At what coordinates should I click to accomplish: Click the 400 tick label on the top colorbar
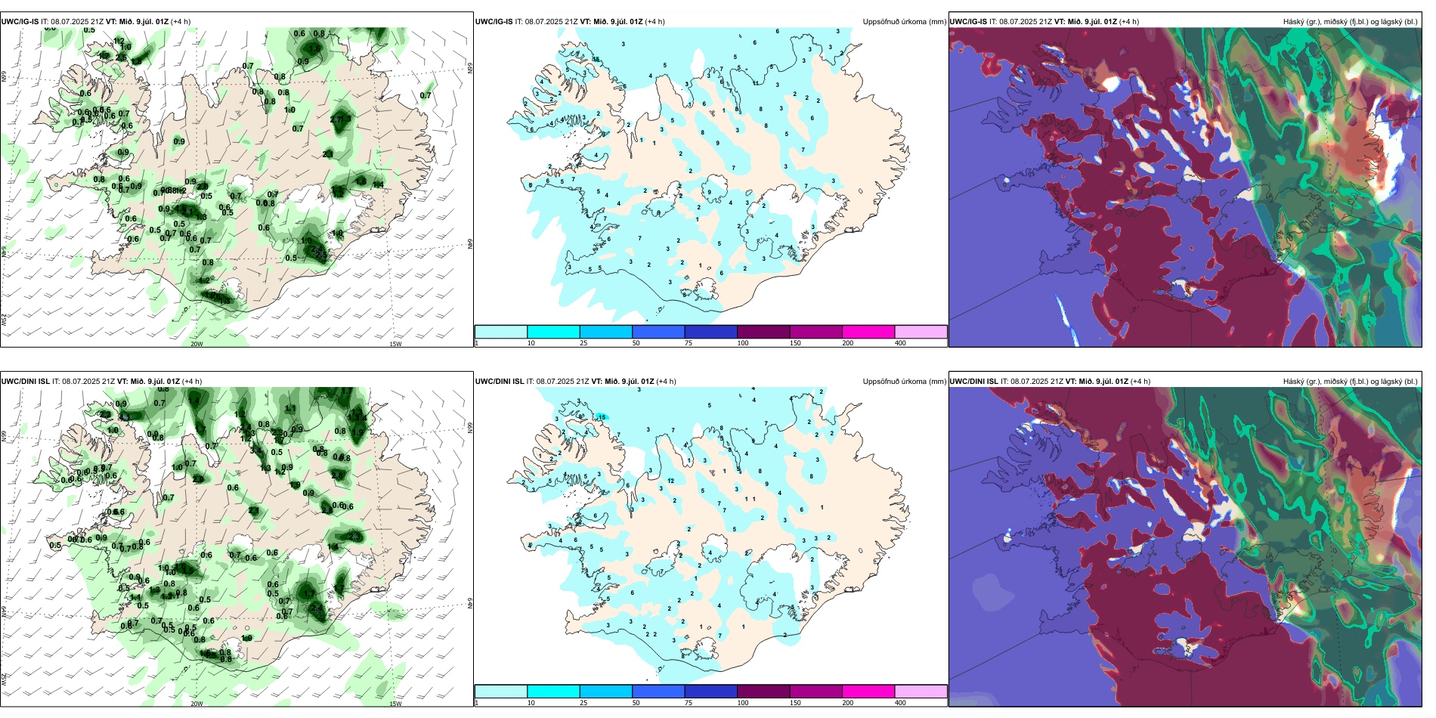tap(900, 343)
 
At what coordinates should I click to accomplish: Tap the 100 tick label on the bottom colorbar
tap(743, 703)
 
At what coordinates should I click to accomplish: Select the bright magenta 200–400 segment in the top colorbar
tap(868, 332)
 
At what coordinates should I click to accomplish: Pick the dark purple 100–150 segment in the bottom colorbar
tap(763, 692)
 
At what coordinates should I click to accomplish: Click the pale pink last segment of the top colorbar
tap(921, 332)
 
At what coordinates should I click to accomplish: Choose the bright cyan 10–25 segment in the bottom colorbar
tap(553, 692)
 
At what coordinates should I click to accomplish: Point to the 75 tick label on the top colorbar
tap(689, 343)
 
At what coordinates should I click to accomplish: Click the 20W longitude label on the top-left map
tap(197, 344)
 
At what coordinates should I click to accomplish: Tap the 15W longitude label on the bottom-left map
tap(395, 704)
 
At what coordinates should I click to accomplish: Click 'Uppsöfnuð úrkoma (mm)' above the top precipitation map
tap(904, 22)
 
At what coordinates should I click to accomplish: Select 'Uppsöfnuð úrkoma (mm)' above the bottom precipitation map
tap(904, 382)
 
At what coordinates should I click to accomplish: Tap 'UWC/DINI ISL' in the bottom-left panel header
tap(25, 382)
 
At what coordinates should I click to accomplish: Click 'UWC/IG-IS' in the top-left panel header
tap(20, 22)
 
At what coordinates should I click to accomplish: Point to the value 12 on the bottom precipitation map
tap(671, 481)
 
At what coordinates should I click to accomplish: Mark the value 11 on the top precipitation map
tap(756, 83)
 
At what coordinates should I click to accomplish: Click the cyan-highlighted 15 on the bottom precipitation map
tap(602, 416)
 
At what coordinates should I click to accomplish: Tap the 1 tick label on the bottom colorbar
tap(477, 703)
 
